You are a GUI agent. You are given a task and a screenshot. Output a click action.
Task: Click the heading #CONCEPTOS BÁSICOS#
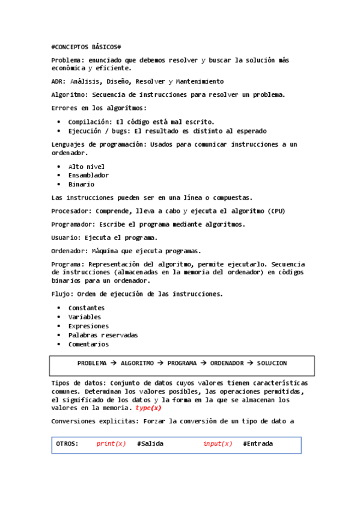(87, 47)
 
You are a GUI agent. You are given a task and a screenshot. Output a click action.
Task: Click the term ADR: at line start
(59, 81)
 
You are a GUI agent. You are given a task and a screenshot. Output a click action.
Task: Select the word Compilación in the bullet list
(90, 121)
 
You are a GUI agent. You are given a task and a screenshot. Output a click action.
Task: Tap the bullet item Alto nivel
(87, 167)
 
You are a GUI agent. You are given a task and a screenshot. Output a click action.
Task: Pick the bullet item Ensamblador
(88, 176)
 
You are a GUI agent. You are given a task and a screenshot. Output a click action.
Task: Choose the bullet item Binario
(81, 185)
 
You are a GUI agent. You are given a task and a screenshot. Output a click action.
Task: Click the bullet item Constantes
(86, 308)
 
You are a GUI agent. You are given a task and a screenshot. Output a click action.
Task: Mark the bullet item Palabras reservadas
(103, 335)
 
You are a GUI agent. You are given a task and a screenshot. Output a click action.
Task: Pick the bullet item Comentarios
(88, 345)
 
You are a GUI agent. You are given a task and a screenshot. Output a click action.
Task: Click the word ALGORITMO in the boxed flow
(137, 363)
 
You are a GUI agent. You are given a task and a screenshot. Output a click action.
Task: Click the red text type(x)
(148, 408)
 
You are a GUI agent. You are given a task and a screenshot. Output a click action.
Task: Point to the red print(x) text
(111, 444)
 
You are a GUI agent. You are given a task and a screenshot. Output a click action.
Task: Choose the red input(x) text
(218, 444)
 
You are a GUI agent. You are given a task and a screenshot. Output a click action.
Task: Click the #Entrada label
(258, 444)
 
